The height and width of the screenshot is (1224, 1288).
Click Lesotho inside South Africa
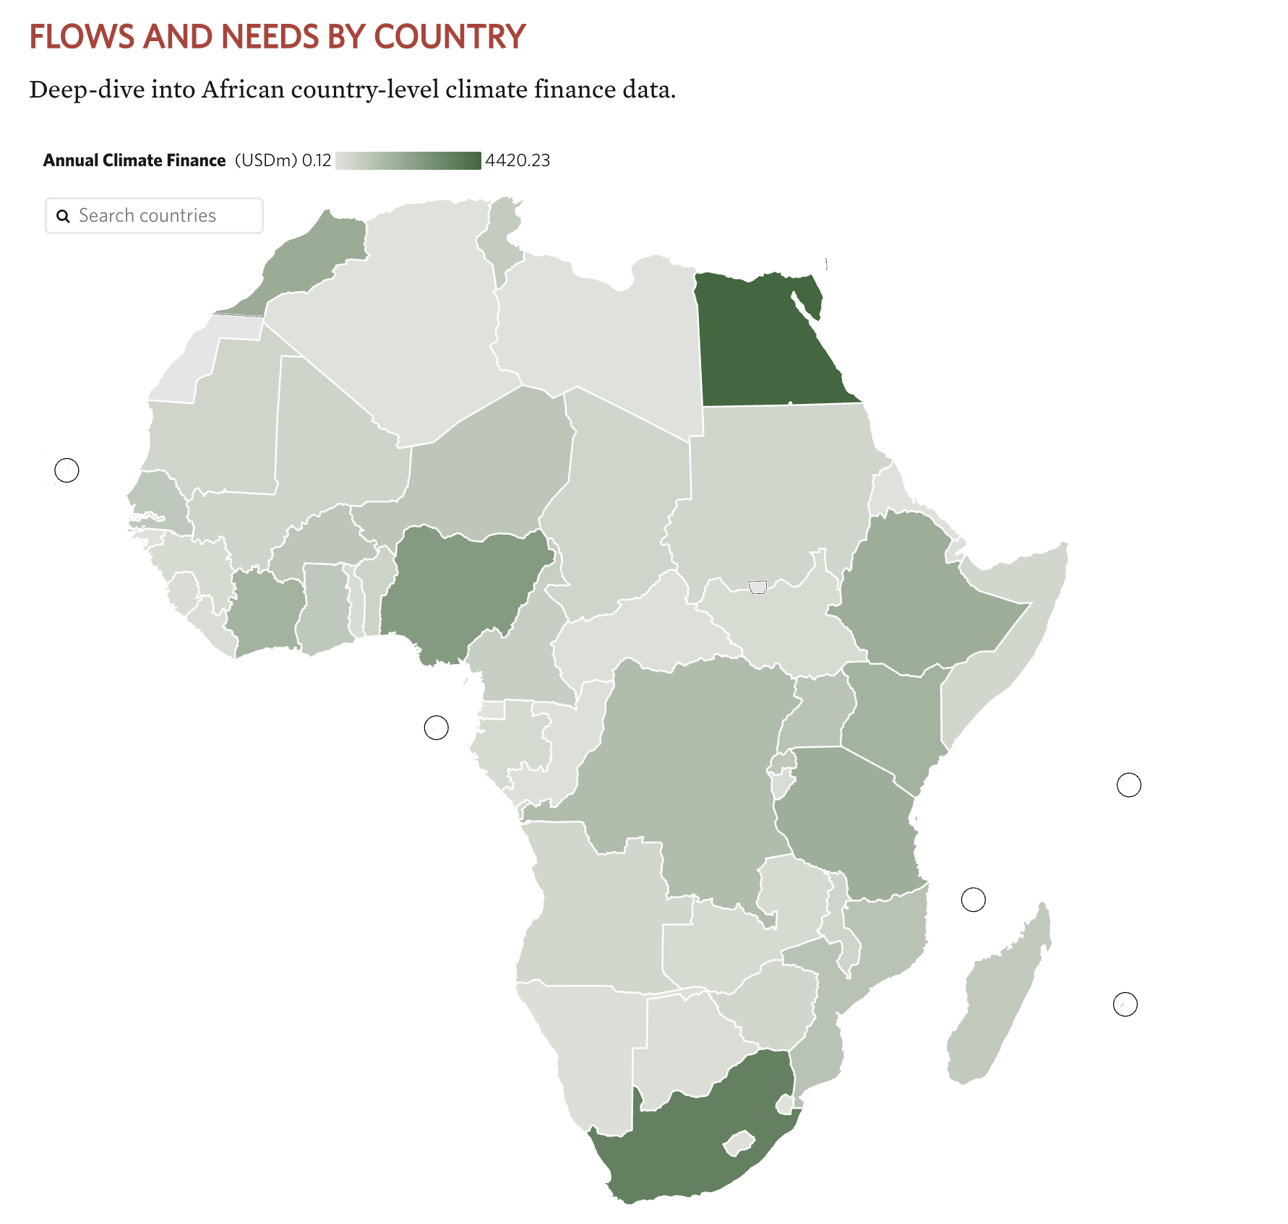coord(739,1143)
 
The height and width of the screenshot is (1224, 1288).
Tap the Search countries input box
coord(166,216)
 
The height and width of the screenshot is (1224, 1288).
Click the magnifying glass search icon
coord(64,216)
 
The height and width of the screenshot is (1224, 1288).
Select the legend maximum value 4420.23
coord(518,160)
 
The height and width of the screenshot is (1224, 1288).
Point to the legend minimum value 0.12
coord(317,160)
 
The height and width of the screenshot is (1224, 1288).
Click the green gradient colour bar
coord(408,160)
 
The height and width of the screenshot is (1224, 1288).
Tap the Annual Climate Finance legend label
coord(134,160)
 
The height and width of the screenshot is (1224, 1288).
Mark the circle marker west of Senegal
coord(66,470)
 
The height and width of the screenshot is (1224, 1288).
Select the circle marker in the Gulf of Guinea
coord(436,728)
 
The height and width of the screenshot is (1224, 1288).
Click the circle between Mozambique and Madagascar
coord(973,900)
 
